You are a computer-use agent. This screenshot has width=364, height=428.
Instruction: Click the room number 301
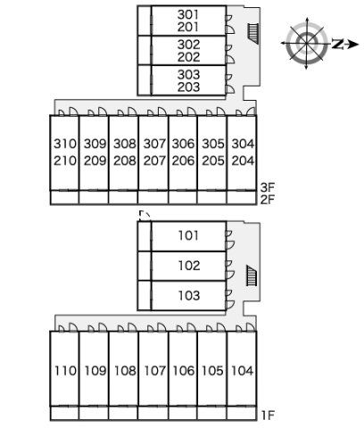click(x=188, y=14)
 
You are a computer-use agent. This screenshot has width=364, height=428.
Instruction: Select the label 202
click(x=188, y=57)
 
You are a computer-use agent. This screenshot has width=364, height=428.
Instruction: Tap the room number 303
click(x=188, y=74)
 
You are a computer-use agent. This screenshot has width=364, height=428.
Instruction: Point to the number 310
click(x=65, y=144)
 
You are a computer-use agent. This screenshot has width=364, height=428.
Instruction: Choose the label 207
click(x=154, y=160)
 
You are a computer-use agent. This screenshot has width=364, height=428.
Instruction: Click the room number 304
click(x=243, y=144)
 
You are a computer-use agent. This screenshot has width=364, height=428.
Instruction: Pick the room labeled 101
click(x=188, y=235)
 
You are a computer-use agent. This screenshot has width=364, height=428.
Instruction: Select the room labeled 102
click(x=188, y=266)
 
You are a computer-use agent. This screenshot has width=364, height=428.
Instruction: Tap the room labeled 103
click(x=188, y=295)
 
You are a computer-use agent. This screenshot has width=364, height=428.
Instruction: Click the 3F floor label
click(x=268, y=187)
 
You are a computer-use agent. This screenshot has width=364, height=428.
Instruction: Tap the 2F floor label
click(x=268, y=200)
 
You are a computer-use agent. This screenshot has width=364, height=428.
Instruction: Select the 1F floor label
click(x=268, y=416)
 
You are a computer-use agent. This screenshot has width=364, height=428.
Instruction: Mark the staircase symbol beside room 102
click(x=252, y=276)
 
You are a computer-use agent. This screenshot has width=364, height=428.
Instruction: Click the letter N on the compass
click(x=337, y=44)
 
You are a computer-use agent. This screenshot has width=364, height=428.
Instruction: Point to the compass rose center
click(x=307, y=44)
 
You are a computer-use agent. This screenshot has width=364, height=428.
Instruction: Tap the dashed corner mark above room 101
click(x=145, y=215)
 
